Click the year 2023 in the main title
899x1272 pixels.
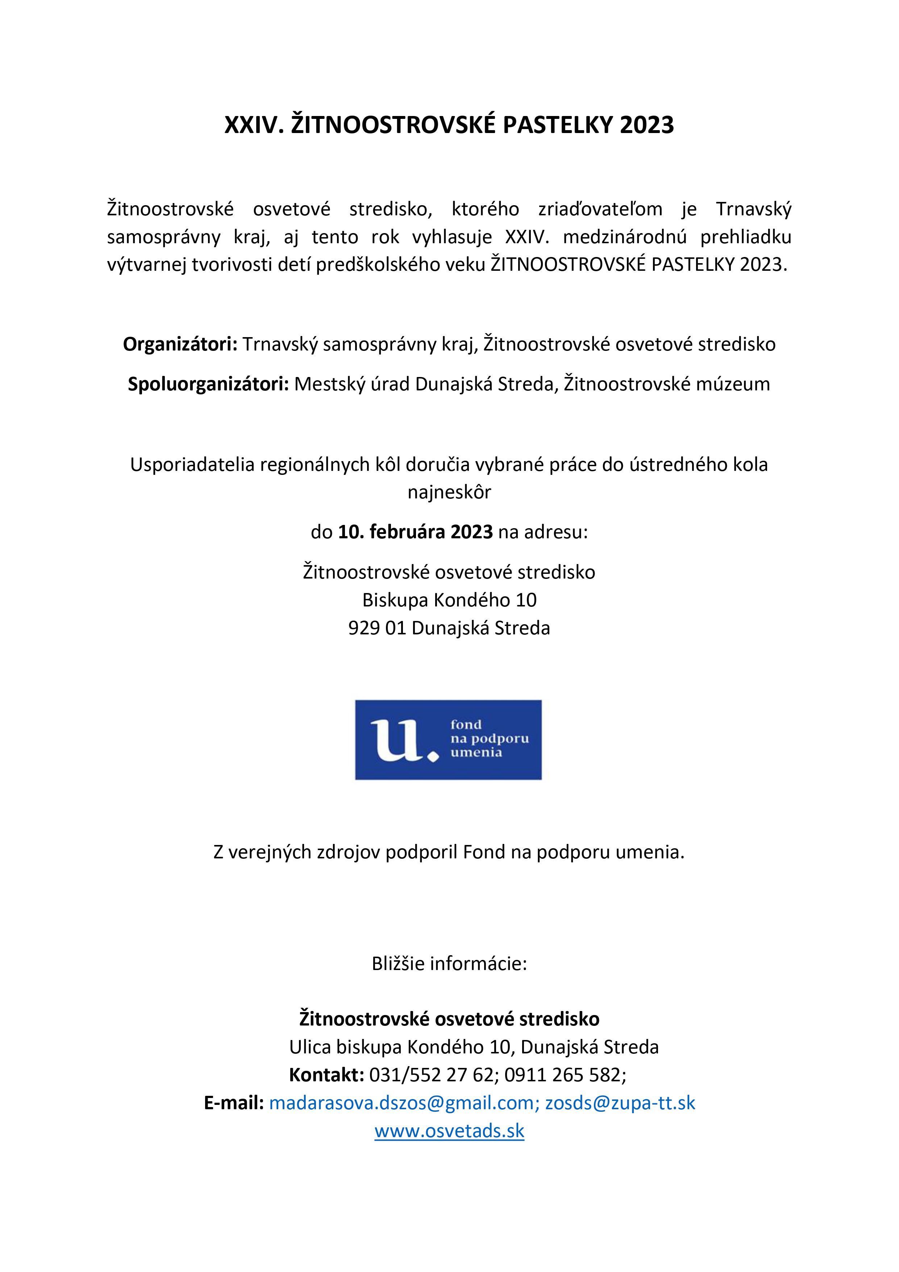(646, 125)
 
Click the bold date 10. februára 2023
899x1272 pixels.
(415, 532)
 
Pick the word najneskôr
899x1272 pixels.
(449, 492)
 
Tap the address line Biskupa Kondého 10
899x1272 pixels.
(449, 600)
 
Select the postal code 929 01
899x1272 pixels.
(377, 628)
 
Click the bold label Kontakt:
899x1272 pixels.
(326, 1075)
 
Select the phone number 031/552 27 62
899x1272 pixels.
(431, 1075)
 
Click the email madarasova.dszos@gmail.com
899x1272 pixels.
(401, 1103)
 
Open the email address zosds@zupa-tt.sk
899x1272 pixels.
(620, 1103)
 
